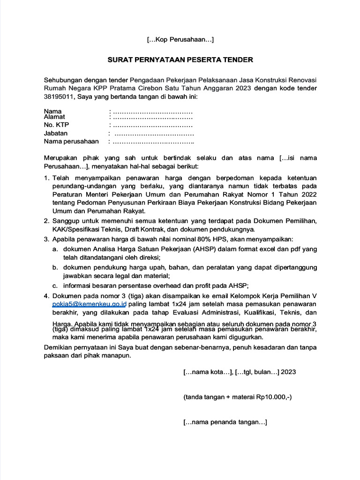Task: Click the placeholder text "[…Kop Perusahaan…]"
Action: coord(180,40)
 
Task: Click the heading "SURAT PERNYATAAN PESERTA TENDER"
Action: coord(180,60)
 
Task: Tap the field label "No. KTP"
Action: coord(56,125)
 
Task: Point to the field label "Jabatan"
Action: coord(56,133)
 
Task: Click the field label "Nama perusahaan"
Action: coord(71,141)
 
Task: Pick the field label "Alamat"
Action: coord(54,117)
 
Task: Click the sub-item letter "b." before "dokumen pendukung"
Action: coord(55,267)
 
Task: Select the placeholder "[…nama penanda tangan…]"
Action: coord(225,422)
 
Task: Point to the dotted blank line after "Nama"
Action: coord(151,112)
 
